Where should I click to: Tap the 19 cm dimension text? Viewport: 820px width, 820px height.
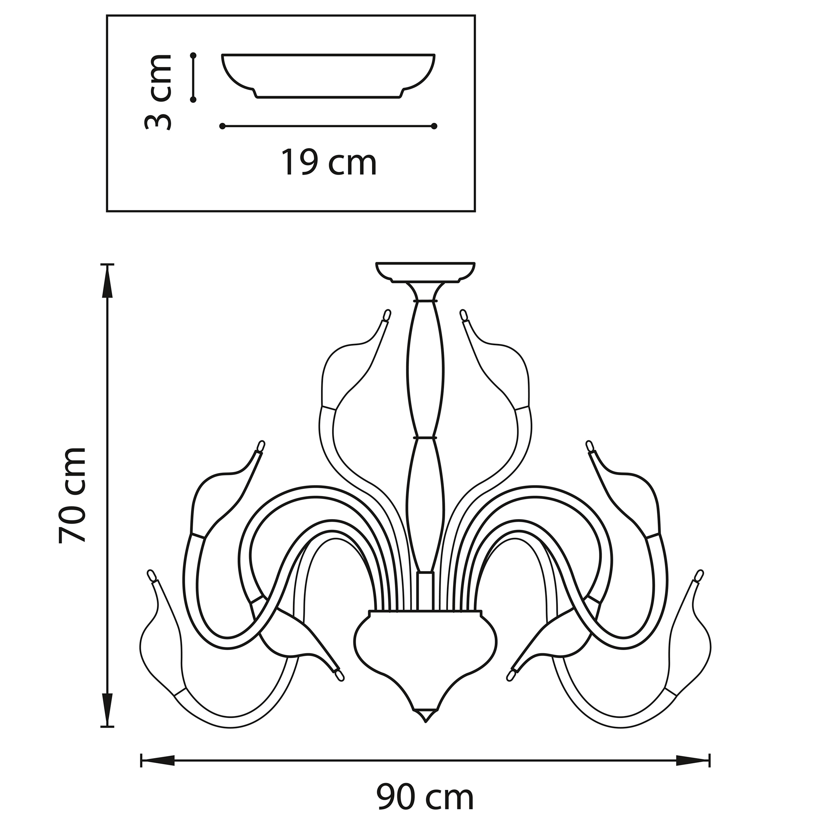[x=329, y=162]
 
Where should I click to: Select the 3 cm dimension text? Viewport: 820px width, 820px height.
[x=157, y=92]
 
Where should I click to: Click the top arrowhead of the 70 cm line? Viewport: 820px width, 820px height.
[x=108, y=282]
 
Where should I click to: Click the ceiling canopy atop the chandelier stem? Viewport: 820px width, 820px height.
[x=425, y=272]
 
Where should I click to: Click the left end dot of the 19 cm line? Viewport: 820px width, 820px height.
[x=222, y=126]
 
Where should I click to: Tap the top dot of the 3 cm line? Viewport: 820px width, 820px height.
[x=193, y=56]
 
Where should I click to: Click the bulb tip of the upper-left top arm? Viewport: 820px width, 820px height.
[x=387, y=315]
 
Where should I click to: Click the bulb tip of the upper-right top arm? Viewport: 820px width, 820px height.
[x=463, y=315]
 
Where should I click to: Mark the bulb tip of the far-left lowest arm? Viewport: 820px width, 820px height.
[x=151, y=575]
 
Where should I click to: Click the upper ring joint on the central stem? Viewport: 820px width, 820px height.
[x=425, y=300]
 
